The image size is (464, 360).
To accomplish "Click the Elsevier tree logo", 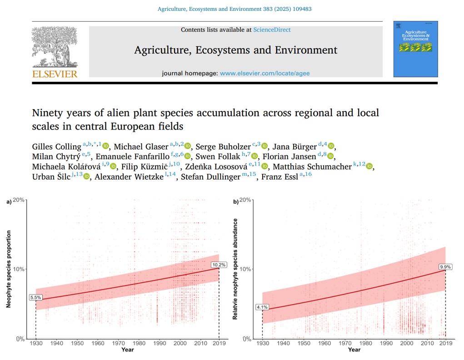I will pyautogui.click(x=55, y=48).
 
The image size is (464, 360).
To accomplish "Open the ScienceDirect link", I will pyautogui.click(x=272, y=30).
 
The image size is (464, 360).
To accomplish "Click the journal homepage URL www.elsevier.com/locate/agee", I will pyautogui.click(x=265, y=73).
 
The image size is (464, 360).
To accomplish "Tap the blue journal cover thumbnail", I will pyautogui.click(x=415, y=49).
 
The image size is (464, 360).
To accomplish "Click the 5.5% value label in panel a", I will pyautogui.click(x=35, y=298).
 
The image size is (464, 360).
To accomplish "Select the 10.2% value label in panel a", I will pyautogui.click(x=219, y=265).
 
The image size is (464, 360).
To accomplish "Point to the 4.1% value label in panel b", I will pyautogui.click(x=262, y=307).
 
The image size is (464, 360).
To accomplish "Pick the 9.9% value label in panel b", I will pyautogui.click(x=445, y=267).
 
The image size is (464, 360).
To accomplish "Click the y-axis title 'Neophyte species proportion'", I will pyautogui.click(x=9, y=269).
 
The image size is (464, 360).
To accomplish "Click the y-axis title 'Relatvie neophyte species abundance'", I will pyautogui.click(x=235, y=269).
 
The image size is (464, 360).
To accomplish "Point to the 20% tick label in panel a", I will pyautogui.click(x=19, y=200).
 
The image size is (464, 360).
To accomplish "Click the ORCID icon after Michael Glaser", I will pyautogui.click(x=188, y=146).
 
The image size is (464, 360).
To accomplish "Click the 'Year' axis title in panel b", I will pyautogui.click(x=354, y=350).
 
